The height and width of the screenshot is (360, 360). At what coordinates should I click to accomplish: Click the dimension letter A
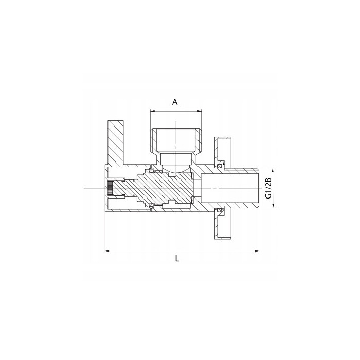(x=175, y=102)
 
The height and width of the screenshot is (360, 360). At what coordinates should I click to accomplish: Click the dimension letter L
(x=177, y=259)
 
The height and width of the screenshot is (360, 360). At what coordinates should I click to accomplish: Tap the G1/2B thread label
(x=267, y=189)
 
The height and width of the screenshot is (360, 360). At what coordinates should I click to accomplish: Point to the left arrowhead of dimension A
(x=152, y=110)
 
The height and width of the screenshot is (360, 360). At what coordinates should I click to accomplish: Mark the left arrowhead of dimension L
(x=107, y=251)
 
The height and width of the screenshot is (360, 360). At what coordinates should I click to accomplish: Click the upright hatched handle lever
(x=115, y=141)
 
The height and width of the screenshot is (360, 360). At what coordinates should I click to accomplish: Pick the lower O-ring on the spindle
(x=152, y=207)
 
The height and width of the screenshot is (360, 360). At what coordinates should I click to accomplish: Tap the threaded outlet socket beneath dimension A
(x=175, y=141)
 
